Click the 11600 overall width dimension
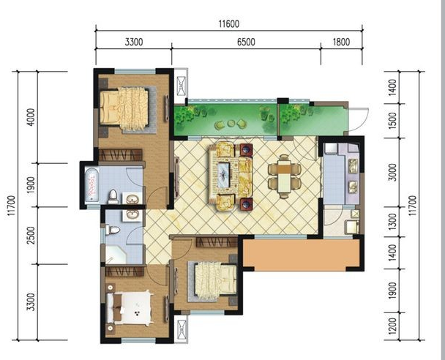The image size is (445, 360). pos(229,24)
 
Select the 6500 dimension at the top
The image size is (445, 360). pos(246,42)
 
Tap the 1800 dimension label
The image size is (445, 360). pos(341,42)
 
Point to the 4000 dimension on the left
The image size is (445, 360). pos(31,117)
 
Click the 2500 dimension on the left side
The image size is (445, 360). pos(31,235)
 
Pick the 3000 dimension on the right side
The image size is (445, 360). pos(392,172)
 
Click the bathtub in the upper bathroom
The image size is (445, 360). pos(92,185)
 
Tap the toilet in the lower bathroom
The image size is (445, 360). pos(112,230)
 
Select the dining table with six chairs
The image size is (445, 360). pos(285,176)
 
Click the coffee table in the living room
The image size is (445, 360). pos(224,175)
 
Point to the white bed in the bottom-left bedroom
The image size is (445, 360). pos(130,308)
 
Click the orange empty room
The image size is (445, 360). pos(302,252)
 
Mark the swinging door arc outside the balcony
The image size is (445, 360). pos(360,119)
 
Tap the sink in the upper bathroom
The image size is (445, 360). pos(132,198)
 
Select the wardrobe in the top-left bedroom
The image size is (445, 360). pos(120,155)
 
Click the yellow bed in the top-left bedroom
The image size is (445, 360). pos(124,108)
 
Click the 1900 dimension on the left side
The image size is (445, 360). pos(31,185)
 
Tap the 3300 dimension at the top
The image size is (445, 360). pos(134,42)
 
